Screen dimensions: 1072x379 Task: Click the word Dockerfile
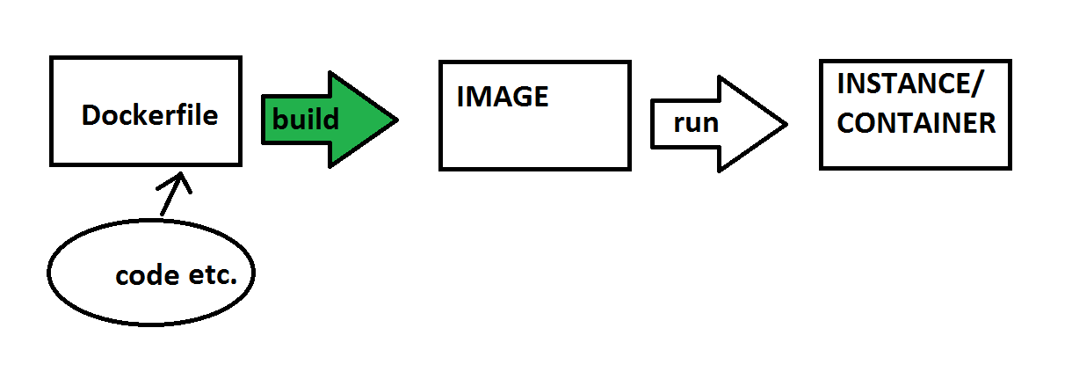click(x=149, y=115)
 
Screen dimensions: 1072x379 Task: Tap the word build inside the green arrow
click(x=305, y=119)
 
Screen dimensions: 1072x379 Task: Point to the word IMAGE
click(x=502, y=97)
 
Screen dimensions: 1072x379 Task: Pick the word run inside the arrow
click(x=696, y=123)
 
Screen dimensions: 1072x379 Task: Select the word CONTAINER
click(x=916, y=123)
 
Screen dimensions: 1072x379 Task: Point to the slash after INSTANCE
click(x=980, y=85)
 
